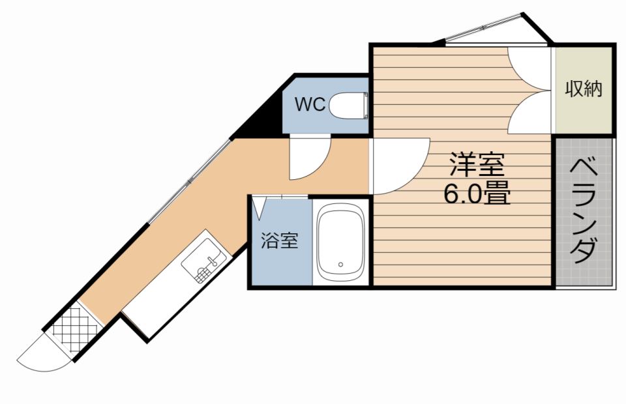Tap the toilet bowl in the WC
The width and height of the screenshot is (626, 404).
click(346, 104)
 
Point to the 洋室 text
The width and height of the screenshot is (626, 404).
click(477, 165)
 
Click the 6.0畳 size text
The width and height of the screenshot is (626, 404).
click(477, 194)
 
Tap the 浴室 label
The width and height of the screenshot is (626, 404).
click(279, 240)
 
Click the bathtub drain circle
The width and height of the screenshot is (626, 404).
click(340, 265)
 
